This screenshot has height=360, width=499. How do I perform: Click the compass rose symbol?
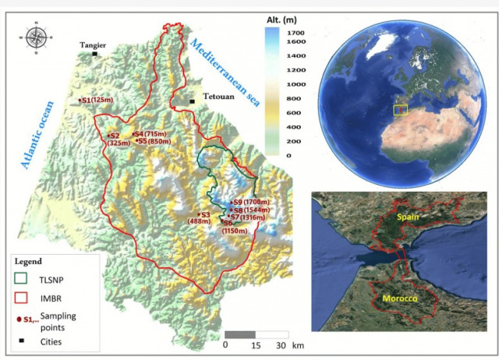coord(36,37)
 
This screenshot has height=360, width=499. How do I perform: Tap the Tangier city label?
coord(93,45)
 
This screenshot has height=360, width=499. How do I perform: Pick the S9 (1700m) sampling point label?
coord(249,202)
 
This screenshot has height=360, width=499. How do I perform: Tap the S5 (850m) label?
coord(152,141)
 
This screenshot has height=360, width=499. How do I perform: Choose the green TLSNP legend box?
coord(26,278)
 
